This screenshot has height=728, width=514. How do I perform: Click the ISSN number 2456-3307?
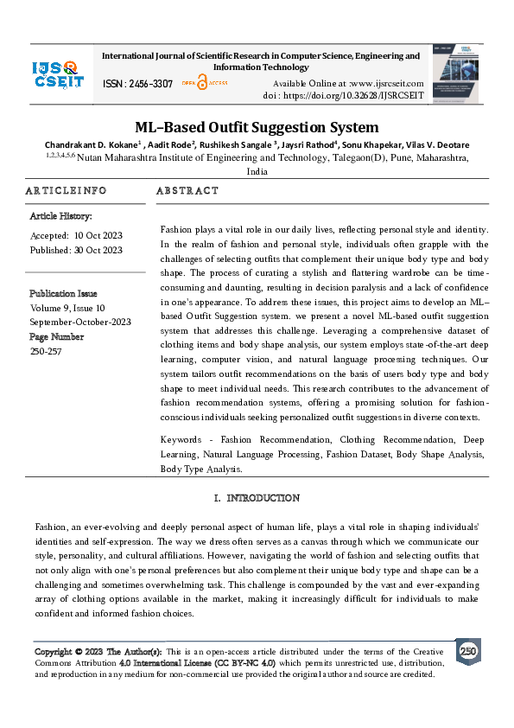137,84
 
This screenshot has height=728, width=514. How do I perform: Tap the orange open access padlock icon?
202,83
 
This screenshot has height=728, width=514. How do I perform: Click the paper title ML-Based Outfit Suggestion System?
257,127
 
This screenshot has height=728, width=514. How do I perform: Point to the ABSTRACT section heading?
187,190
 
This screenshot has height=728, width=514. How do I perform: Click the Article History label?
60,216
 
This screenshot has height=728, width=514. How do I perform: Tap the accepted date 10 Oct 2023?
98,235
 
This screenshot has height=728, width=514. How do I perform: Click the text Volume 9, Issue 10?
67,308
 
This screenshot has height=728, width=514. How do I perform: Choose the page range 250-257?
45,351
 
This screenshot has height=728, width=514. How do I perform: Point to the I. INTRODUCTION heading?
257,498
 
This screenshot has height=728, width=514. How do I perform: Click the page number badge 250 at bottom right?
467,651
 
